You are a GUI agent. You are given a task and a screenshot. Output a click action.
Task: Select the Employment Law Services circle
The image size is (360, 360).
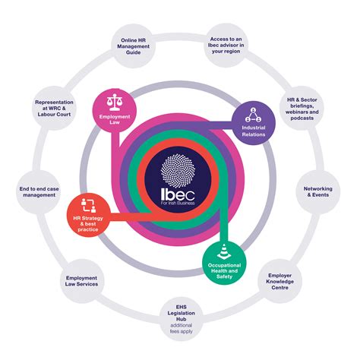[x=81, y=283]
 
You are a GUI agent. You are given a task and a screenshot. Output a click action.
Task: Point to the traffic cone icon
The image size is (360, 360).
[x=225, y=251]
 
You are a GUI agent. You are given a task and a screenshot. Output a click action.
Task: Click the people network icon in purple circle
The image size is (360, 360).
[x=254, y=115]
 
